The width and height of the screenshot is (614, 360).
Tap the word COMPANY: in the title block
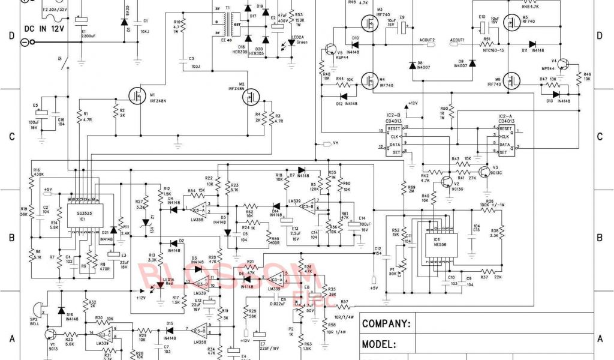pos(386,325)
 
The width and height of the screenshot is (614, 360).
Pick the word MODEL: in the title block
pos(378,345)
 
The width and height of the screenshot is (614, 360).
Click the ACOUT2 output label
pos(427,40)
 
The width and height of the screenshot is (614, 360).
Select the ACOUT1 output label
pos(457,40)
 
